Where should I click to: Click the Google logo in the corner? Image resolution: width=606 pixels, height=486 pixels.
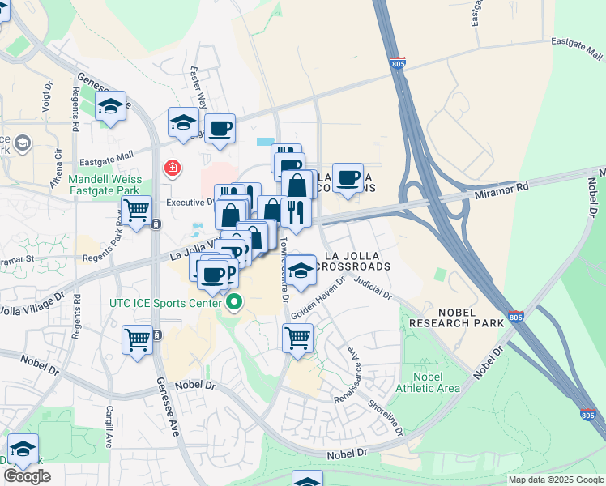pos(27,476)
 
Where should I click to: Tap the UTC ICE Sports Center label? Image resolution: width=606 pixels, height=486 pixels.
pos(165,304)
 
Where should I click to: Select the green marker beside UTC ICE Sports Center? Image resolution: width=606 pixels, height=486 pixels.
pos(235,305)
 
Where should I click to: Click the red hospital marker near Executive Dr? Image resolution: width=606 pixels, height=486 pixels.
pos(172,168)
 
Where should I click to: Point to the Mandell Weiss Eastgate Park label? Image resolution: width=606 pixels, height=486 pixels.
pos(105,185)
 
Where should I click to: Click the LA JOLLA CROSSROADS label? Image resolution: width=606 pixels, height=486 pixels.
pos(357,261)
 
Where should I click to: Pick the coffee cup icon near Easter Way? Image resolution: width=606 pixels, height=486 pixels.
pos(220,128)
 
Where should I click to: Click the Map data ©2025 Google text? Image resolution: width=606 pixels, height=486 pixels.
pos(554,480)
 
